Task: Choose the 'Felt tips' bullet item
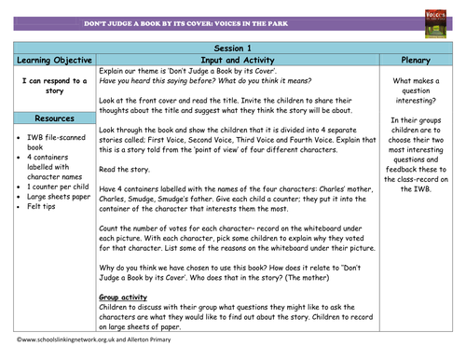coord(38,213)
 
